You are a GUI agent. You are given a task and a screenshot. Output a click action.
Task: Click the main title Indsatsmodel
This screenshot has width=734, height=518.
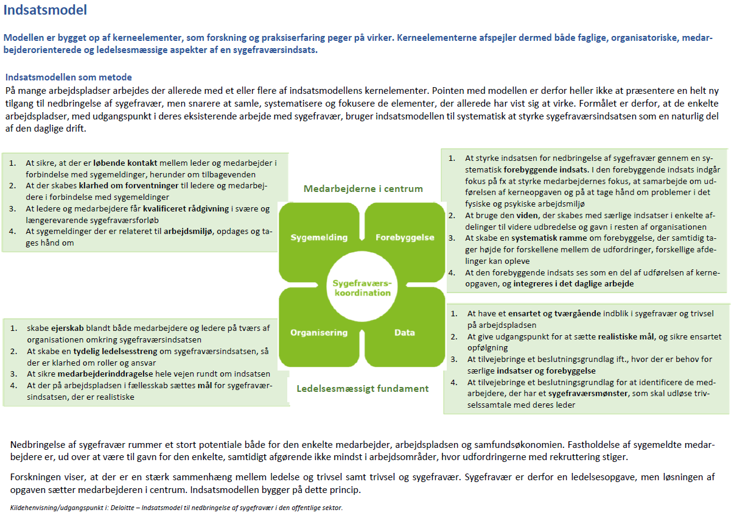pos(45,10)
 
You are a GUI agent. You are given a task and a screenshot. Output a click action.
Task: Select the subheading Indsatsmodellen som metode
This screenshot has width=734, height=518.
pos(69,77)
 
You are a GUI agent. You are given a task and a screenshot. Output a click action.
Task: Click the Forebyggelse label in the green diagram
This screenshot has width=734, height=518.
pos(405,237)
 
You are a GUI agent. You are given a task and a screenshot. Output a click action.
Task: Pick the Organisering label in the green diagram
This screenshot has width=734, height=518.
pos(319,333)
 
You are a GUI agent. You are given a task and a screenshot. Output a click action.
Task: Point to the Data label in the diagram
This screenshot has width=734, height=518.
pos(405,333)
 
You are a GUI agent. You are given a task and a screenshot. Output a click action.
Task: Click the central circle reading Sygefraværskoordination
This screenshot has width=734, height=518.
pos(362,288)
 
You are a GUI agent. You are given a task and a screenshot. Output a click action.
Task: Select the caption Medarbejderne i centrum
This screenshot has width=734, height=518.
pos(363,189)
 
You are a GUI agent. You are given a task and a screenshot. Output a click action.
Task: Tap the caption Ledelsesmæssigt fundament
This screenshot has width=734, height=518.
pos(363,388)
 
